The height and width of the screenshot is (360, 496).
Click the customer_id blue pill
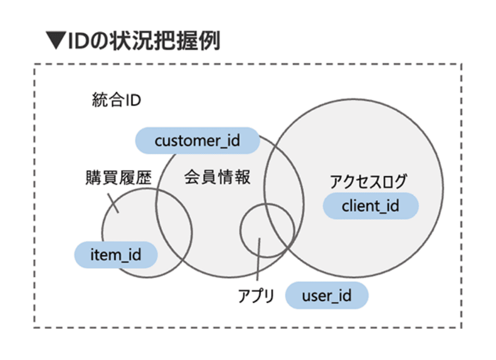click(x=198, y=141)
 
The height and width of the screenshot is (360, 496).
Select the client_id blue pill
click(x=371, y=206)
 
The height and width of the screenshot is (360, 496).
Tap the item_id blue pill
click(x=116, y=255)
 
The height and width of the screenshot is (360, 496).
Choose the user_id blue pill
click(x=327, y=296)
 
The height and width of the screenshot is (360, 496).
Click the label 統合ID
click(x=117, y=100)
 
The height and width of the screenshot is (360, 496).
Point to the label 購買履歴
click(x=119, y=177)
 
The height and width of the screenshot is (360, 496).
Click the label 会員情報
click(x=217, y=177)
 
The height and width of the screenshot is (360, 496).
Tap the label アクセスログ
click(x=368, y=182)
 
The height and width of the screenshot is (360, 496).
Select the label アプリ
click(x=256, y=296)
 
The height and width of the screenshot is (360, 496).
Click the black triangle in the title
click(x=56, y=40)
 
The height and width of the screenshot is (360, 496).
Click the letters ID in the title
click(x=78, y=41)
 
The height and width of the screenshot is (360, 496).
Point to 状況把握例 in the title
click(x=165, y=40)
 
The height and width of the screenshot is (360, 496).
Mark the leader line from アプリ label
click(x=258, y=259)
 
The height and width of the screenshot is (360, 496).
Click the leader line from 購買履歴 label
click(x=113, y=203)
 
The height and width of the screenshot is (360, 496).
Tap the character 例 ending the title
click(x=209, y=40)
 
